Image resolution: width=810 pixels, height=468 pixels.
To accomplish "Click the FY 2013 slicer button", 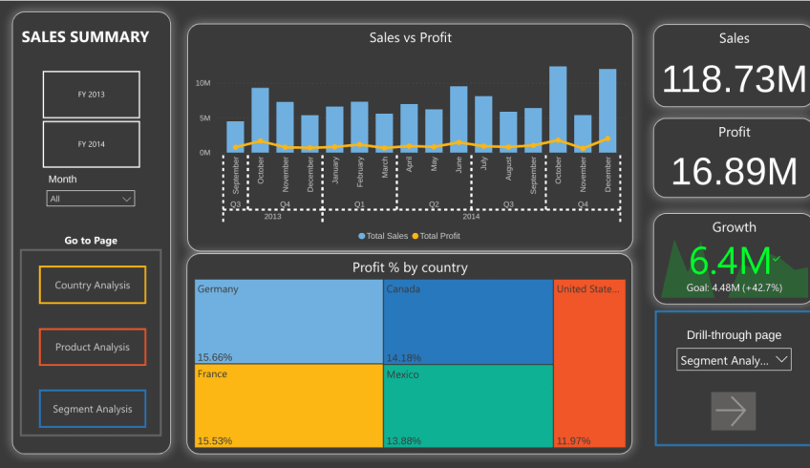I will pos(91,95).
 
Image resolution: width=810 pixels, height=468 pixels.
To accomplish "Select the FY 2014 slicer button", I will pos(91,144).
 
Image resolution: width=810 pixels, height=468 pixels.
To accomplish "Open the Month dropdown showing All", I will pos(91,199).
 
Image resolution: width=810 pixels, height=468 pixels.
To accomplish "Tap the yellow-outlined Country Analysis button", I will pos(92,285).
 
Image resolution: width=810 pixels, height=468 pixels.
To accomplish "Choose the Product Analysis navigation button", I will pos(92,347).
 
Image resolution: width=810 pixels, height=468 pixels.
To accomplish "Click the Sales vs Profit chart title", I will pos(410,38).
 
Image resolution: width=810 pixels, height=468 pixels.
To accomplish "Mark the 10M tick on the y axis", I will pos(202,84).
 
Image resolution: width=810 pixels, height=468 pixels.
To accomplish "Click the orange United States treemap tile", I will pos(588,363).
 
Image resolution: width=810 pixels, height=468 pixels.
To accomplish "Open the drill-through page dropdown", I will pos(734,360).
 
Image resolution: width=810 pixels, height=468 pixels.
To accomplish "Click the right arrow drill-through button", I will pos(733,411).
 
